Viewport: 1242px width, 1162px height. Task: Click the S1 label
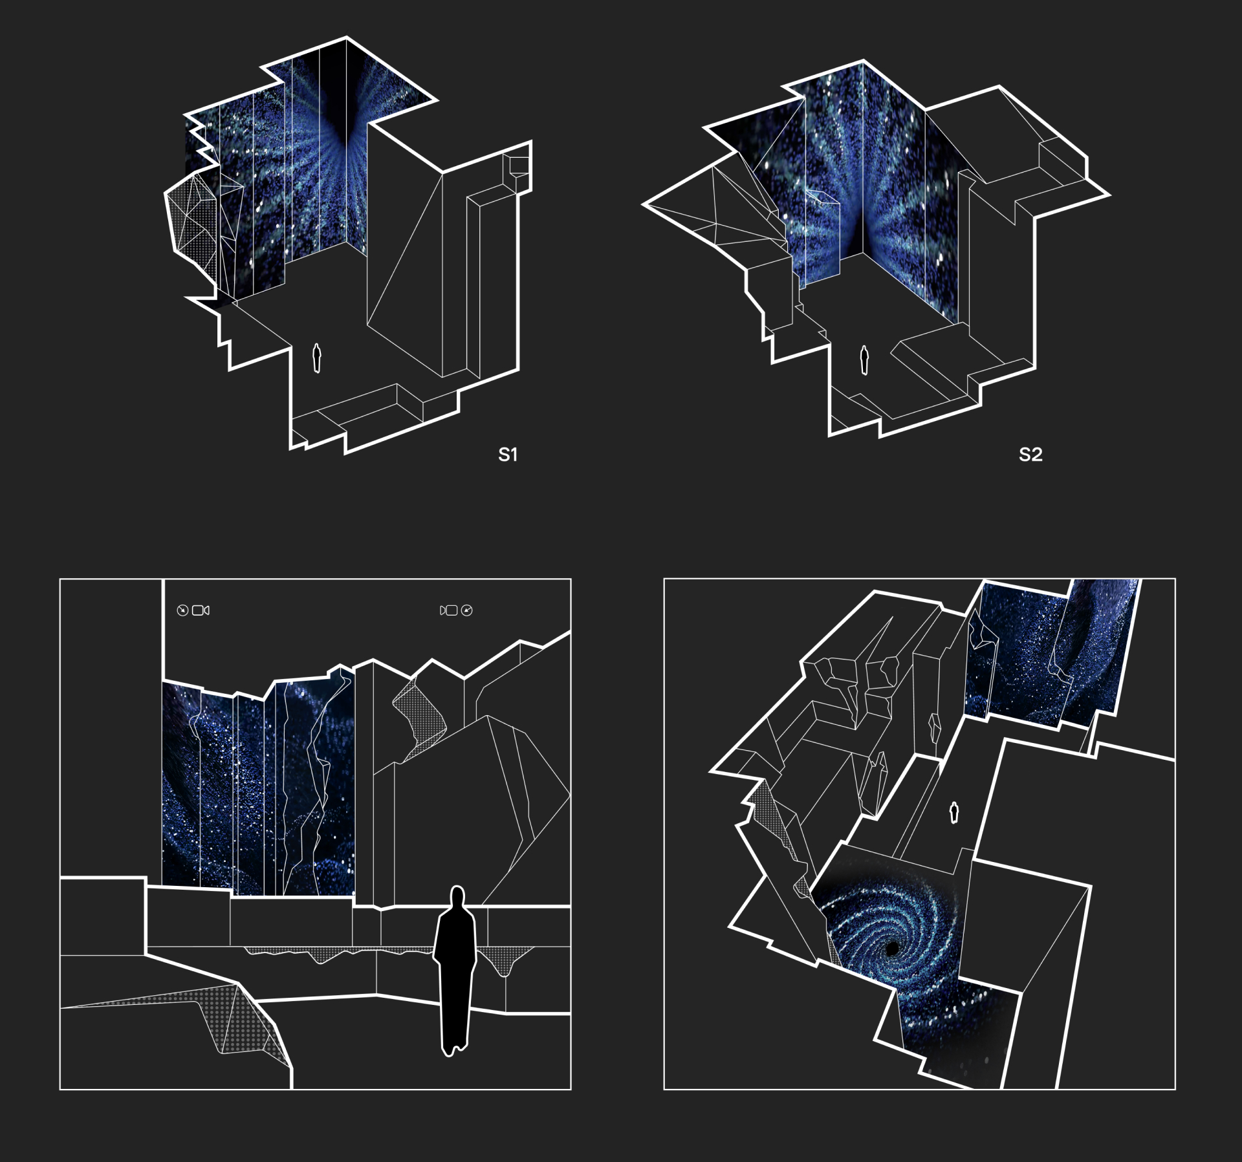pos(508,455)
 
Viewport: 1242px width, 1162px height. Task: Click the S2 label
pos(1030,455)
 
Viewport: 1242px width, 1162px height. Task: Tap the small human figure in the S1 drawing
pos(317,358)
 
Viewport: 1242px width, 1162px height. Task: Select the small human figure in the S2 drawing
pos(864,360)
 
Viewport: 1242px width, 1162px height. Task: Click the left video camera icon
pos(201,610)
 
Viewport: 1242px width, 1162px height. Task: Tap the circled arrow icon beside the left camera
pos(182,610)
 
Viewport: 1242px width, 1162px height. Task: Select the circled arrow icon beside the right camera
pos(467,610)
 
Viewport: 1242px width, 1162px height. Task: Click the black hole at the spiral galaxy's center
pos(893,949)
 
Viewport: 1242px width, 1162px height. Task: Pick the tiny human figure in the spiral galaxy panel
pos(953,812)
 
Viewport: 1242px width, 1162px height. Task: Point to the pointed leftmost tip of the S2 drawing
pos(643,204)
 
